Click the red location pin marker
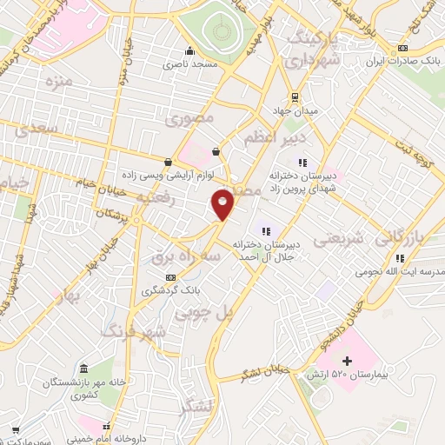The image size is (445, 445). (223, 203)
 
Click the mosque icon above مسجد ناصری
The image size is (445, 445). (189, 50)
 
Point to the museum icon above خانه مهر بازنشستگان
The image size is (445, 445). (82, 369)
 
